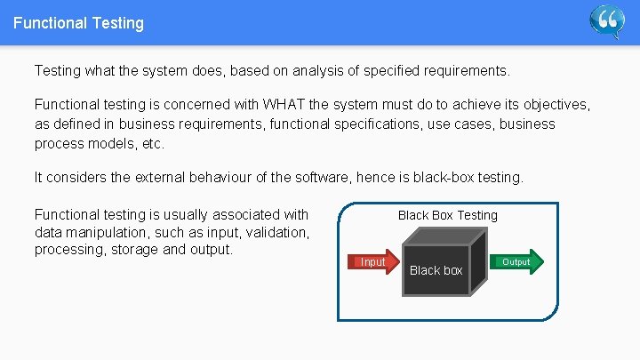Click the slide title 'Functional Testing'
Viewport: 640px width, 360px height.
78,23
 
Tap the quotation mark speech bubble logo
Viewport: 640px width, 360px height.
608,21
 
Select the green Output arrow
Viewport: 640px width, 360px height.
516,261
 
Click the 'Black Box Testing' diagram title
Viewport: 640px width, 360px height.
448,215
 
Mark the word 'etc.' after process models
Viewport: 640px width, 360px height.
153,143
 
